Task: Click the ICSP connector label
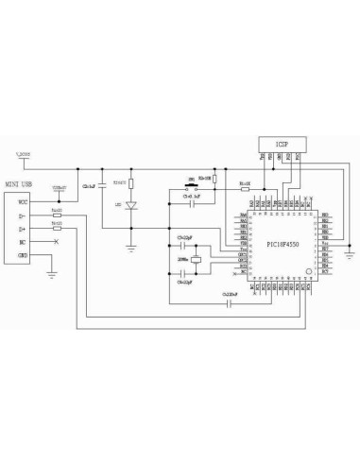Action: (282, 143)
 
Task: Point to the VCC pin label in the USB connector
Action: (24, 201)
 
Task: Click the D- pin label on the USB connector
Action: (24, 215)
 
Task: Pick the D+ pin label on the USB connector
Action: (24, 229)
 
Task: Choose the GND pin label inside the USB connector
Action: (24, 256)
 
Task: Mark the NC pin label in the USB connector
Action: (24, 242)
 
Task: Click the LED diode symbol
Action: (131, 205)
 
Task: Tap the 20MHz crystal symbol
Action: (197, 260)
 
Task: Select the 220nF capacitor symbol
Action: (231, 302)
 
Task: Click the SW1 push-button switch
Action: (193, 186)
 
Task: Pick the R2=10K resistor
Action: (215, 179)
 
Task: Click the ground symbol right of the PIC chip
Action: (350, 252)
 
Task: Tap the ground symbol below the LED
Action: (131, 247)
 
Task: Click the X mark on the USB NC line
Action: (58, 243)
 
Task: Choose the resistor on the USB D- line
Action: (58, 215)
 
